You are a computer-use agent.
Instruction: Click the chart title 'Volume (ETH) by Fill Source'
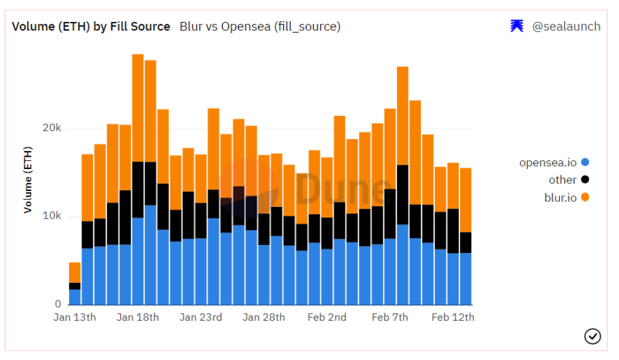(x=90, y=26)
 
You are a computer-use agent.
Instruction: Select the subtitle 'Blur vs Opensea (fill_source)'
(x=260, y=26)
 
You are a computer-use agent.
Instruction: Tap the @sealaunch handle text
(x=566, y=26)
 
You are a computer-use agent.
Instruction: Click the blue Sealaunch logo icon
(x=517, y=26)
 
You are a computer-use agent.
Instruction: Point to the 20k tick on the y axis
(x=51, y=128)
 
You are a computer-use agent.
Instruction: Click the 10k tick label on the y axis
(x=51, y=216)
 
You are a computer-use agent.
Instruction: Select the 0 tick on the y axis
(x=58, y=304)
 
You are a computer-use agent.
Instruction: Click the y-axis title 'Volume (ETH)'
(x=28, y=179)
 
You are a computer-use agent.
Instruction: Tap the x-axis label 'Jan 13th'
(x=74, y=318)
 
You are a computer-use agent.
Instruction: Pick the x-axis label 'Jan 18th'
(x=138, y=318)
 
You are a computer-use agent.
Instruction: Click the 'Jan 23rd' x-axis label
(x=201, y=318)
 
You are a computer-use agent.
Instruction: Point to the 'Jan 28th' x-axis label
(x=264, y=318)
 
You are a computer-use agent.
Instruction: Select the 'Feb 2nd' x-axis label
(x=327, y=318)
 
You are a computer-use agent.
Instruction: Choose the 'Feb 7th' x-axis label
(x=390, y=318)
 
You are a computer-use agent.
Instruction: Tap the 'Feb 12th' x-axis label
(x=453, y=318)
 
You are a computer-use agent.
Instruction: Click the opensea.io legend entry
(x=553, y=163)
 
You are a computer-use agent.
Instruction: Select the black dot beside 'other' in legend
(x=585, y=180)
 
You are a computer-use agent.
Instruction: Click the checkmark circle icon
(x=592, y=336)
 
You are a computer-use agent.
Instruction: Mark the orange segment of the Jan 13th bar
(x=74, y=273)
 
